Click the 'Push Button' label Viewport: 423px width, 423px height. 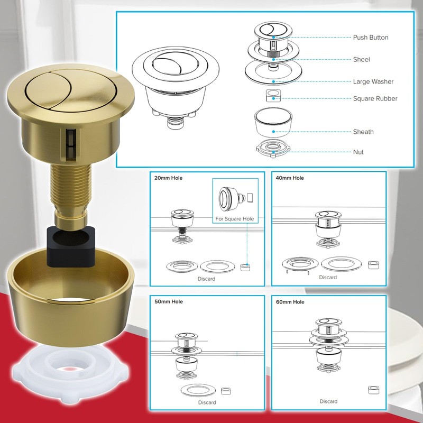click(370, 38)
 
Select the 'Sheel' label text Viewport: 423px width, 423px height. click(361, 60)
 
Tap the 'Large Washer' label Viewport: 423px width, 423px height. click(373, 82)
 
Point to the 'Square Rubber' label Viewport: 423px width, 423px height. click(375, 99)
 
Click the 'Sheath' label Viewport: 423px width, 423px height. click(363, 132)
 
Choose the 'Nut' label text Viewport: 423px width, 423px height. click(358, 152)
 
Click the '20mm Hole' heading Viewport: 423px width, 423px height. click(168, 178)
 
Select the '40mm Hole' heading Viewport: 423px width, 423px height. click(290, 178)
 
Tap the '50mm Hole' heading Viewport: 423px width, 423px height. click(168, 302)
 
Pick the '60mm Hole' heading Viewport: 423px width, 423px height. click(290, 302)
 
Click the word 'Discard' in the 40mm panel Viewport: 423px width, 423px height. click(328, 277)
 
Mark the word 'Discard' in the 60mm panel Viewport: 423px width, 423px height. click(328, 401)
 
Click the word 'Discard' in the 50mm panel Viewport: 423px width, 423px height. click(207, 402)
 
